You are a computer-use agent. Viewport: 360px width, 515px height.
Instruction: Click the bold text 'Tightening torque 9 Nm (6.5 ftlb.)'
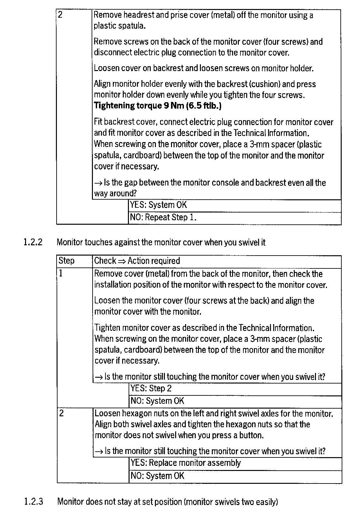coord(157,106)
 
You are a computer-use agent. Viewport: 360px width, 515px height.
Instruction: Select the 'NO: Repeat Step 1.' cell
coord(163,218)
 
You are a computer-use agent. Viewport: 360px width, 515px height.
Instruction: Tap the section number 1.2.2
coord(33,242)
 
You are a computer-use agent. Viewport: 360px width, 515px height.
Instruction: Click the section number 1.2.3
coord(33,501)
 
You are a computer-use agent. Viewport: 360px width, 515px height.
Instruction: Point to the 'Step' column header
coord(67,261)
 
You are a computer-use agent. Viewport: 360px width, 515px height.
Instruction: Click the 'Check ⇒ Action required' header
coord(137,261)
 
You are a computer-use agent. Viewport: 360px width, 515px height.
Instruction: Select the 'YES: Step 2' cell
coord(151,388)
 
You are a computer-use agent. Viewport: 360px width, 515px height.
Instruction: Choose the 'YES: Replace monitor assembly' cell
coord(185,463)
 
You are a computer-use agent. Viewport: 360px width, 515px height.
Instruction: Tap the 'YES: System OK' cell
coord(158,205)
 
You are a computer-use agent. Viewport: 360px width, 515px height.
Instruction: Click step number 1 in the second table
coord(61,274)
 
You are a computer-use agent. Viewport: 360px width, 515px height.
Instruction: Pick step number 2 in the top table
coord(60,15)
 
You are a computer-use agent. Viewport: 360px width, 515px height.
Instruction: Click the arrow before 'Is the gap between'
coord(98,183)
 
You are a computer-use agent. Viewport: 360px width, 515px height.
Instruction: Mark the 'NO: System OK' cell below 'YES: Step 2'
coord(157,401)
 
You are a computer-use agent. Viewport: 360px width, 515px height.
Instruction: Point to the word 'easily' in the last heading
coord(266,501)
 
